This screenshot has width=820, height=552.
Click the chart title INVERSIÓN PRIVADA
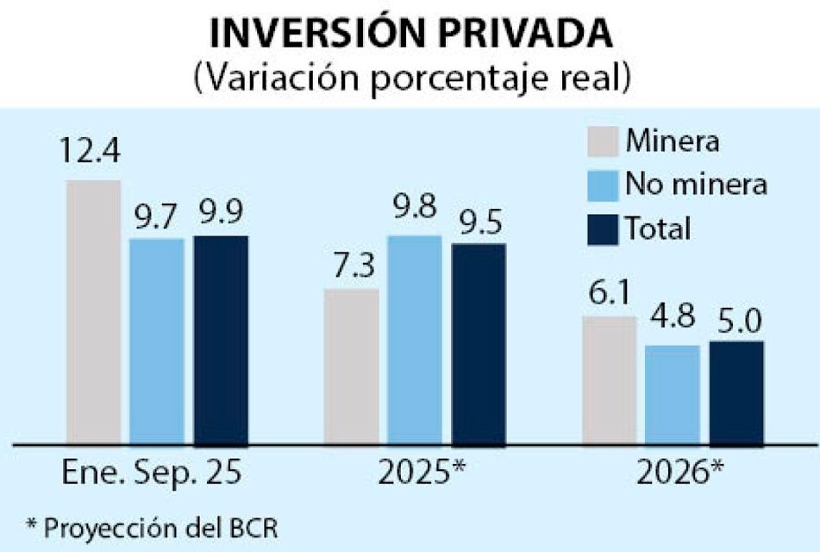tap(410, 34)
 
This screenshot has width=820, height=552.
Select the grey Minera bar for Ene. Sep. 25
tap(93, 312)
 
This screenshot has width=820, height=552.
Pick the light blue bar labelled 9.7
tap(157, 342)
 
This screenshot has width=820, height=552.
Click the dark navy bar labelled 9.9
tap(221, 340)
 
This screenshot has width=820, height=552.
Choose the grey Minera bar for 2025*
tap(351, 367)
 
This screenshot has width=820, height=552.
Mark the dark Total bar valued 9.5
tap(479, 343)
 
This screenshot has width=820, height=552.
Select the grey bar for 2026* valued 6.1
tap(610, 380)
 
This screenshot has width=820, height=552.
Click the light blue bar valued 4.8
tap(673, 395)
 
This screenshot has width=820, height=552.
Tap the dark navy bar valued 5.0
tap(736, 392)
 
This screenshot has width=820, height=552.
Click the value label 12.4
tap(91, 155)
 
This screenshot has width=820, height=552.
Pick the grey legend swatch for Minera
tap(603, 141)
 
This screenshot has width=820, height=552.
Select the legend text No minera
tap(697, 184)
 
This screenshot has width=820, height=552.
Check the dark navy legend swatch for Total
tap(603, 229)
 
